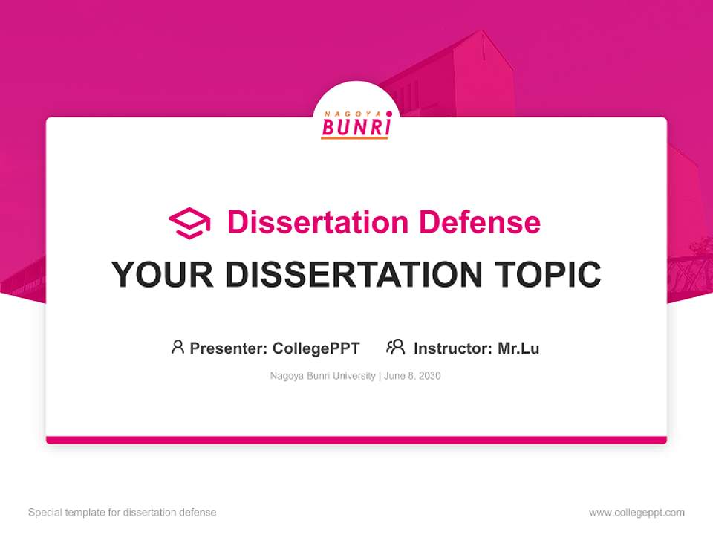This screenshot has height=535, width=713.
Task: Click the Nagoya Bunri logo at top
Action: tap(356, 123)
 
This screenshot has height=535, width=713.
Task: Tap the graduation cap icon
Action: tap(189, 222)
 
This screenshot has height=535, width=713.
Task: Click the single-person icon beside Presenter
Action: tap(178, 347)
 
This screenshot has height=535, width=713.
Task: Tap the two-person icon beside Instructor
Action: tap(396, 347)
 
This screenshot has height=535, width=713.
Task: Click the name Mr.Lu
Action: tap(518, 348)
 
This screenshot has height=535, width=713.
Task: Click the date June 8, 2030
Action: tap(412, 376)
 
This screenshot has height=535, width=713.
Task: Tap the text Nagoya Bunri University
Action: tap(323, 376)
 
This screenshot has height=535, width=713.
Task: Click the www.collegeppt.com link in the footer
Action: tap(637, 513)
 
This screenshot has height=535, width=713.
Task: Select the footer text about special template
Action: tap(122, 513)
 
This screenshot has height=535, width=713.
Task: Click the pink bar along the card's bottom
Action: tap(356, 440)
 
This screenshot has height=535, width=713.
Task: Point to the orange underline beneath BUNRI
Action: tap(356, 137)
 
